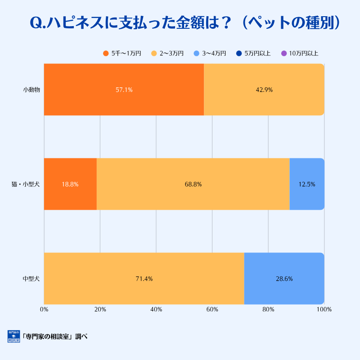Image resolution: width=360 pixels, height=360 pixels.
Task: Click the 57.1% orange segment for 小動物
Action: click(x=124, y=90)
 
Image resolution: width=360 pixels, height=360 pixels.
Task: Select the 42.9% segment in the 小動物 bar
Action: click(x=264, y=90)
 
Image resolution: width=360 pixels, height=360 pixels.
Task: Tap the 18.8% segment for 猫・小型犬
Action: click(x=70, y=184)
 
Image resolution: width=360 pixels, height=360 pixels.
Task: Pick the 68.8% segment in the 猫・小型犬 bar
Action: click(x=193, y=184)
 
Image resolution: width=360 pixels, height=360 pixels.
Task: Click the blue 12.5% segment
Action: click(x=307, y=184)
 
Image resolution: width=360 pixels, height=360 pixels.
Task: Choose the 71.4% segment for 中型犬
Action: click(x=144, y=279)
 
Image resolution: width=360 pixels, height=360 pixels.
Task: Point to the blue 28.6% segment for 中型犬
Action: click(x=284, y=279)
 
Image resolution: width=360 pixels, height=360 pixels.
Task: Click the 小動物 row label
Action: click(x=31, y=90)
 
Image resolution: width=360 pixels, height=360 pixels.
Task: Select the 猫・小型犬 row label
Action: click(x=26, y=184)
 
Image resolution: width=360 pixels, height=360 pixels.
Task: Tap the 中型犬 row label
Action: click(x=31, y=279)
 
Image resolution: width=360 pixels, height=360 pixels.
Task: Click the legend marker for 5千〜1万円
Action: click(x=106, y=54)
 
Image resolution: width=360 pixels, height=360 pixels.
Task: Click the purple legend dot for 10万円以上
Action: click(x=283, y=54)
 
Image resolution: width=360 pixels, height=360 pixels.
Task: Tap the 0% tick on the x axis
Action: click(x=44, y=310)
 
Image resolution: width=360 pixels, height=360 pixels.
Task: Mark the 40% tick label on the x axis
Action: click(x=156, y=310)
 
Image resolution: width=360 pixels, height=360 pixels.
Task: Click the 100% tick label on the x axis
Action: click(x=324, y=310)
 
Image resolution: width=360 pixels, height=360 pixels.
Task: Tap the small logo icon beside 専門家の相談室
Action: click(x=13, y=336)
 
